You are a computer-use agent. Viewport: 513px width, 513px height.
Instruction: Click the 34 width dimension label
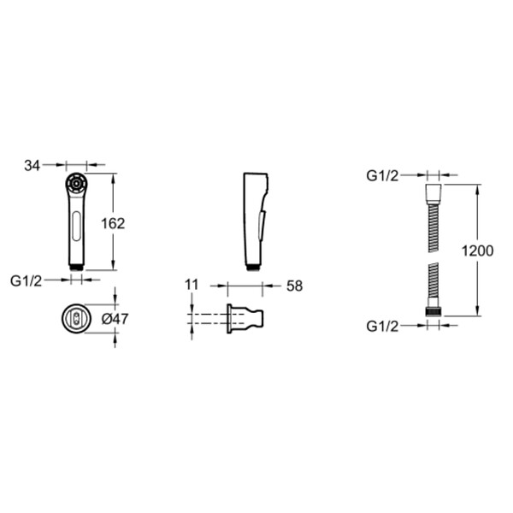tap(32, 166)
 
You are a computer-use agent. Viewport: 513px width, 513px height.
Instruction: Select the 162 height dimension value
tap(113, 224)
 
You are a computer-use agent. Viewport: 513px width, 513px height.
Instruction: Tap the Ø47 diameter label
tap(115, 319)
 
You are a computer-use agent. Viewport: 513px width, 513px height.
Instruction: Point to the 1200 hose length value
tap(477, 251)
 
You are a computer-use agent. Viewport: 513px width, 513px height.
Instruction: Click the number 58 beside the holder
tap(294, 286)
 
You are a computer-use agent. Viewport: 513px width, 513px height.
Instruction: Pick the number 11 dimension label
tap(192, 285)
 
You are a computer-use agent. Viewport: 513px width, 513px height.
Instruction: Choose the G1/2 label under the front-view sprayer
tap(27, 281)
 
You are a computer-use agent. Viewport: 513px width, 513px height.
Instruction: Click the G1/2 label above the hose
tap(382, 176)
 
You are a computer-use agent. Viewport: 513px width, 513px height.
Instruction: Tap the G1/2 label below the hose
tap(382, 327)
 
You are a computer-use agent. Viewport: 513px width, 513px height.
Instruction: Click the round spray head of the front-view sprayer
tap(76, 184)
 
